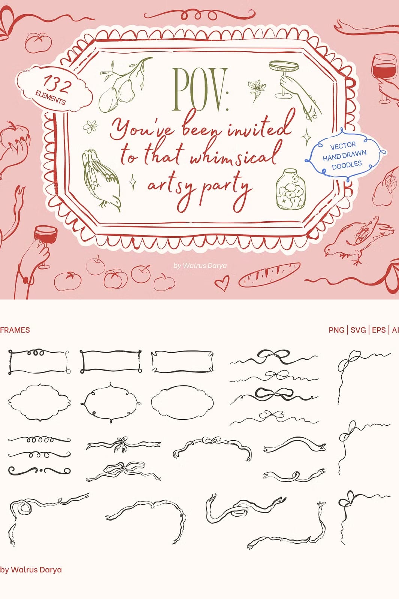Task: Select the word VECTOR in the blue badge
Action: (343, 146)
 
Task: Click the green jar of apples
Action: (290, 189)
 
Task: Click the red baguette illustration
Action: (269, 274)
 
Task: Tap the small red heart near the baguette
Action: (222, 283)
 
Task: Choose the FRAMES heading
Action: (15, 330)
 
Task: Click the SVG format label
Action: (358, 330)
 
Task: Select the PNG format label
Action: (336, 330)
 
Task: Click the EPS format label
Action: (379, 330)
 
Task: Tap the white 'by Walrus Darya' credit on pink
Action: (200, 265)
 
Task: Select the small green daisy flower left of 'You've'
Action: (90, 127)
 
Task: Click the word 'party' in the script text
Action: (226, 189)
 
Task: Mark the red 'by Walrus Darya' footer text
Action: (31, 569)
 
